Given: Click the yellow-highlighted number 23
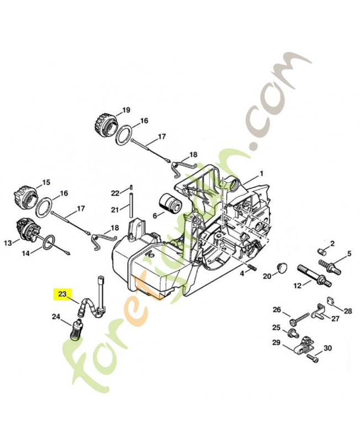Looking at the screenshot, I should click(x=62, y=294).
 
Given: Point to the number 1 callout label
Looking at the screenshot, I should click(x=261, y=173).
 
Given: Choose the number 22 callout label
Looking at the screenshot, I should click(x=114, y=193).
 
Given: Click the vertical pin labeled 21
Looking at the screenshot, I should click(x=132, y=205).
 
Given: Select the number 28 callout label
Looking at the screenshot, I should click(x=348, y=311).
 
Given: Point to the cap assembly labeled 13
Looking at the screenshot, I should click(x=25, y=230).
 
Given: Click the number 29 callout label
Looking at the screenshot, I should click(x=277, y=343).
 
